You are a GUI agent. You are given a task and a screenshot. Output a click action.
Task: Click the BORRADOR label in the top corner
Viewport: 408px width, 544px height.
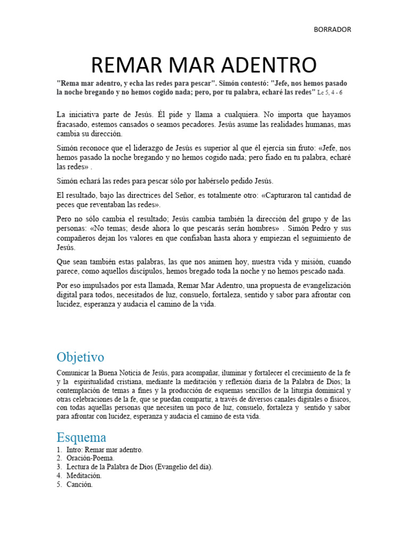point(333,29)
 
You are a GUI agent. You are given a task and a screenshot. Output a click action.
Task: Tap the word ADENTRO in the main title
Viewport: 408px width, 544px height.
point(266,64)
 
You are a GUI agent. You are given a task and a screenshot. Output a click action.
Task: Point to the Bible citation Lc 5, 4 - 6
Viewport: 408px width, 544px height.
point(330,92)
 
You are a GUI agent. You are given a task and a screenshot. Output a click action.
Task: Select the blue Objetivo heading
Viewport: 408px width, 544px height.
point(80,356)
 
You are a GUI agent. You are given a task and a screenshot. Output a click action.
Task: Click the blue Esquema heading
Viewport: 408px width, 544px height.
point(81,437)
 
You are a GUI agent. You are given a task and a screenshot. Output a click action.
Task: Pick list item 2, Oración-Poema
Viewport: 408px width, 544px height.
point(90,457)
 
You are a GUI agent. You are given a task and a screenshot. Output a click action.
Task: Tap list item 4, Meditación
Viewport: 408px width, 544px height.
point(84,475)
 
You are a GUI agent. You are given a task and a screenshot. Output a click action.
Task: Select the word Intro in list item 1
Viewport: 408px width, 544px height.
point(75,449)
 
